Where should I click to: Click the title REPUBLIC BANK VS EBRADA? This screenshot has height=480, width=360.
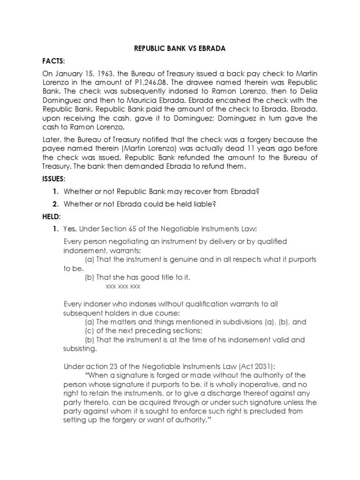coord(180,48)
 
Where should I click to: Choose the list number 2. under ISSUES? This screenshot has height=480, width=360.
coord(55,203)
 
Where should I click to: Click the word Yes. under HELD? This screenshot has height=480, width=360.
coord(70,229)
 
